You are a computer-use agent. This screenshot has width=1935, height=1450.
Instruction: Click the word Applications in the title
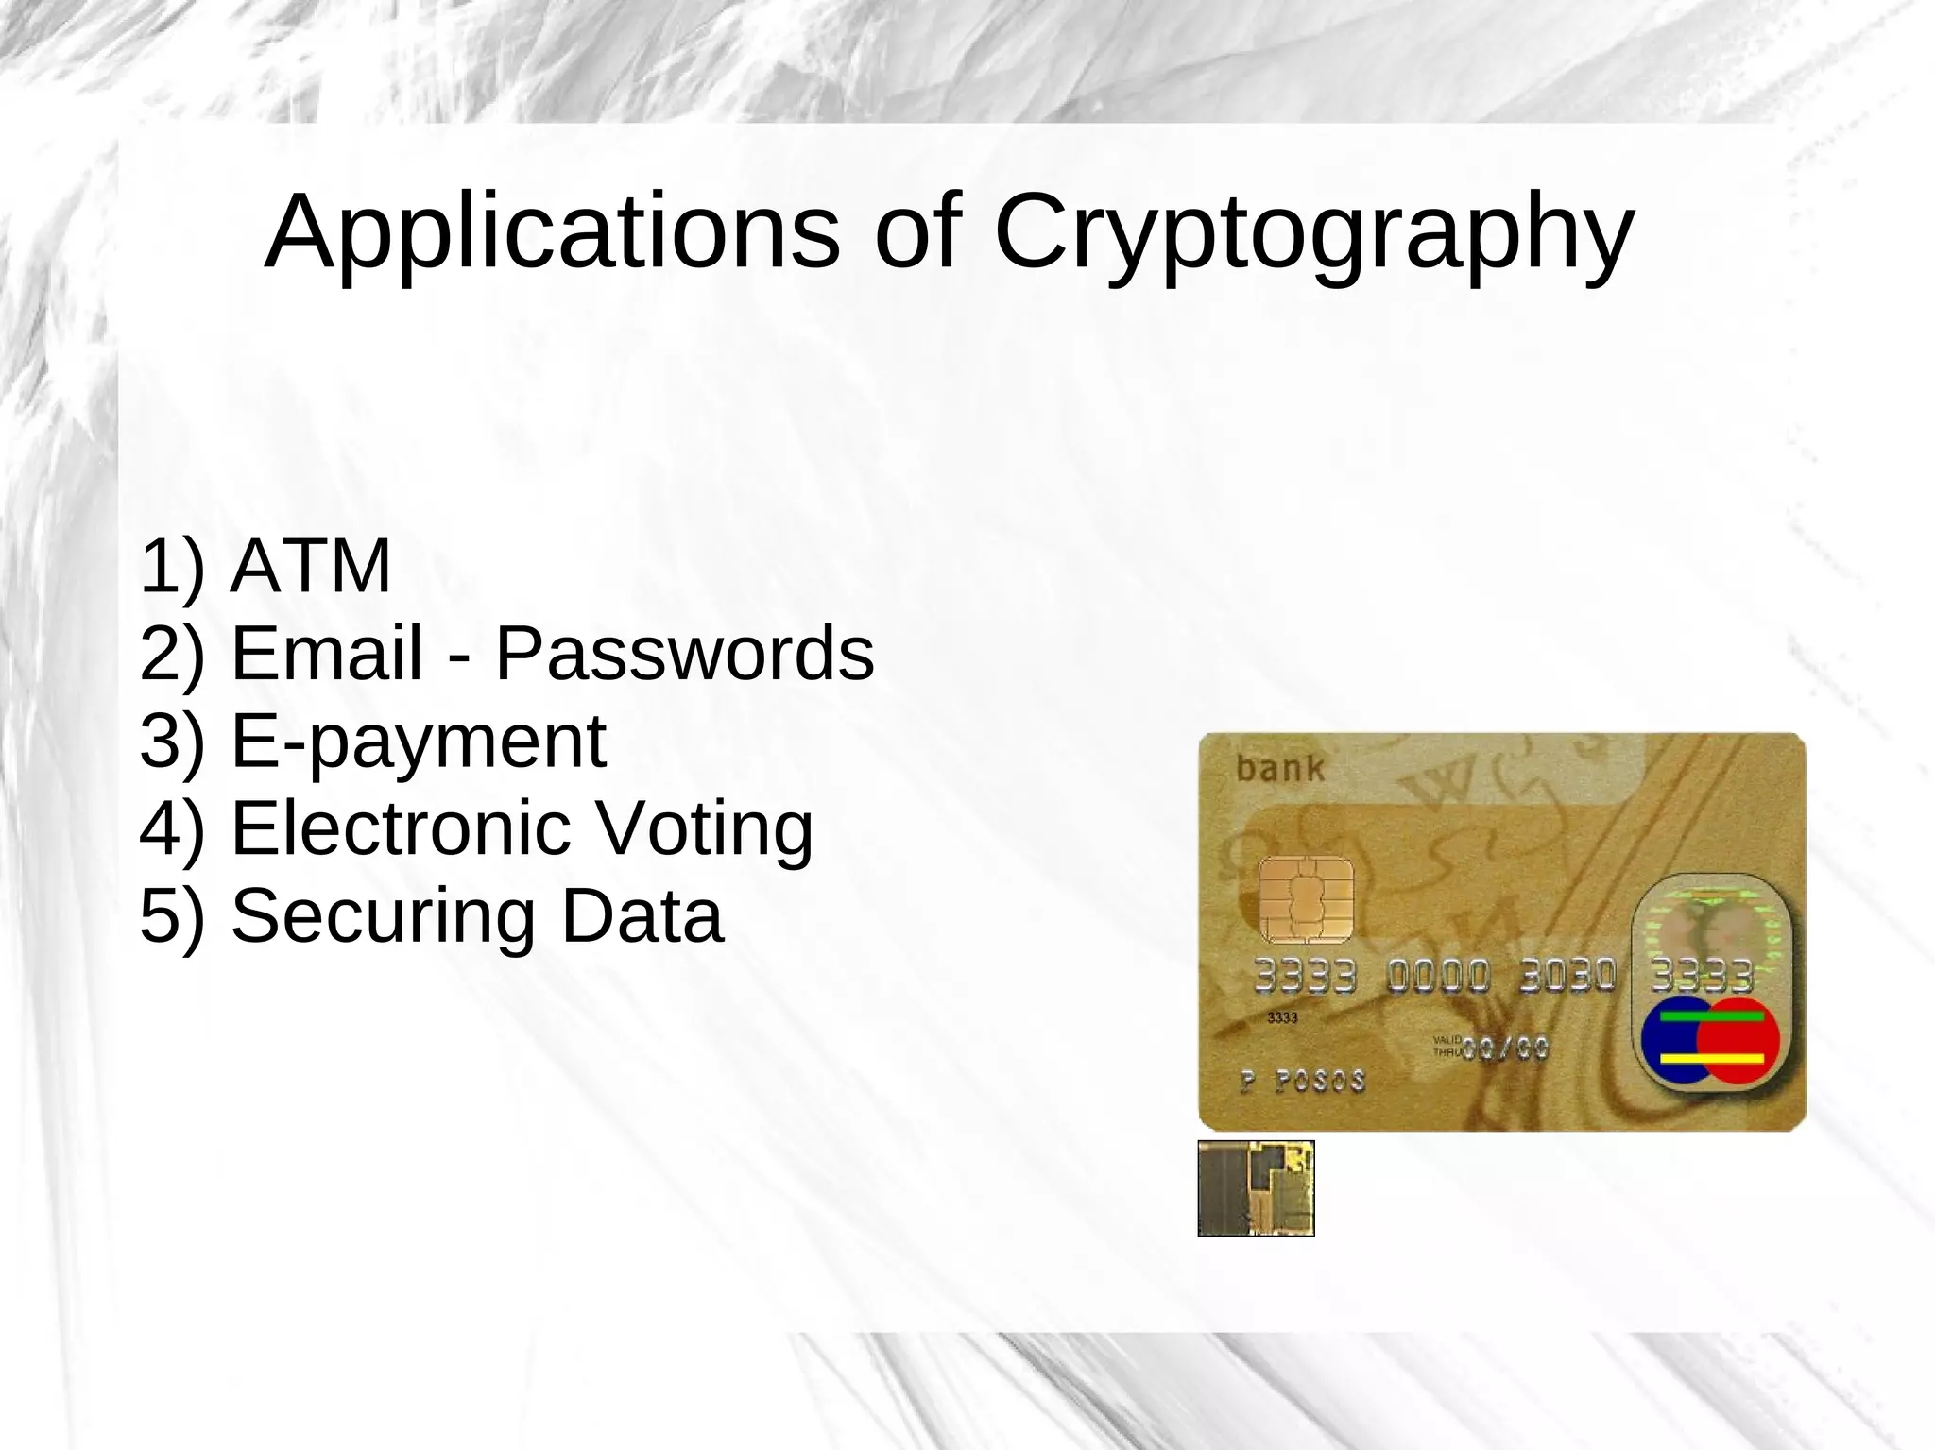coord(552,232)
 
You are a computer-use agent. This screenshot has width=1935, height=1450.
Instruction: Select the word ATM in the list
coord(311,566)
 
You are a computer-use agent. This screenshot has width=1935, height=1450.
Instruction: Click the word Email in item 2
coord(327,653)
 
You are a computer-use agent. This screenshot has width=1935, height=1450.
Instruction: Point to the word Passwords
coord(685,653)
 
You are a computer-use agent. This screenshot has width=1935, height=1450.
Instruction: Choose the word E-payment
coord(418,742)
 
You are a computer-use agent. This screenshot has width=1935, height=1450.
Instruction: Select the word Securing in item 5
coord(384,915)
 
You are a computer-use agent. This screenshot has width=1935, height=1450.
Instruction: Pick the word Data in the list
coord(642,915)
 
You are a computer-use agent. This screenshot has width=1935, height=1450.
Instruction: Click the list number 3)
coord(171,742)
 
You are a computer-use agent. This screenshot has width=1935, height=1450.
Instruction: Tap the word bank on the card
coord(1280,768)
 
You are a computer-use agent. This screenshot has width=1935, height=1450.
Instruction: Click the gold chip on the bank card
coord(1306,899)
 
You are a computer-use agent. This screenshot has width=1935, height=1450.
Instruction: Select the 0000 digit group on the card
coord(1438,976)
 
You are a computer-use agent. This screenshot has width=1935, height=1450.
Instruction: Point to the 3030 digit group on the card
coord(1567,975)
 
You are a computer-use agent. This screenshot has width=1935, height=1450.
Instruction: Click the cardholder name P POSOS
coord(1302,1081)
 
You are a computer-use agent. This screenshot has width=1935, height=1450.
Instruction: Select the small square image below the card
coord(1256,1187)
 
